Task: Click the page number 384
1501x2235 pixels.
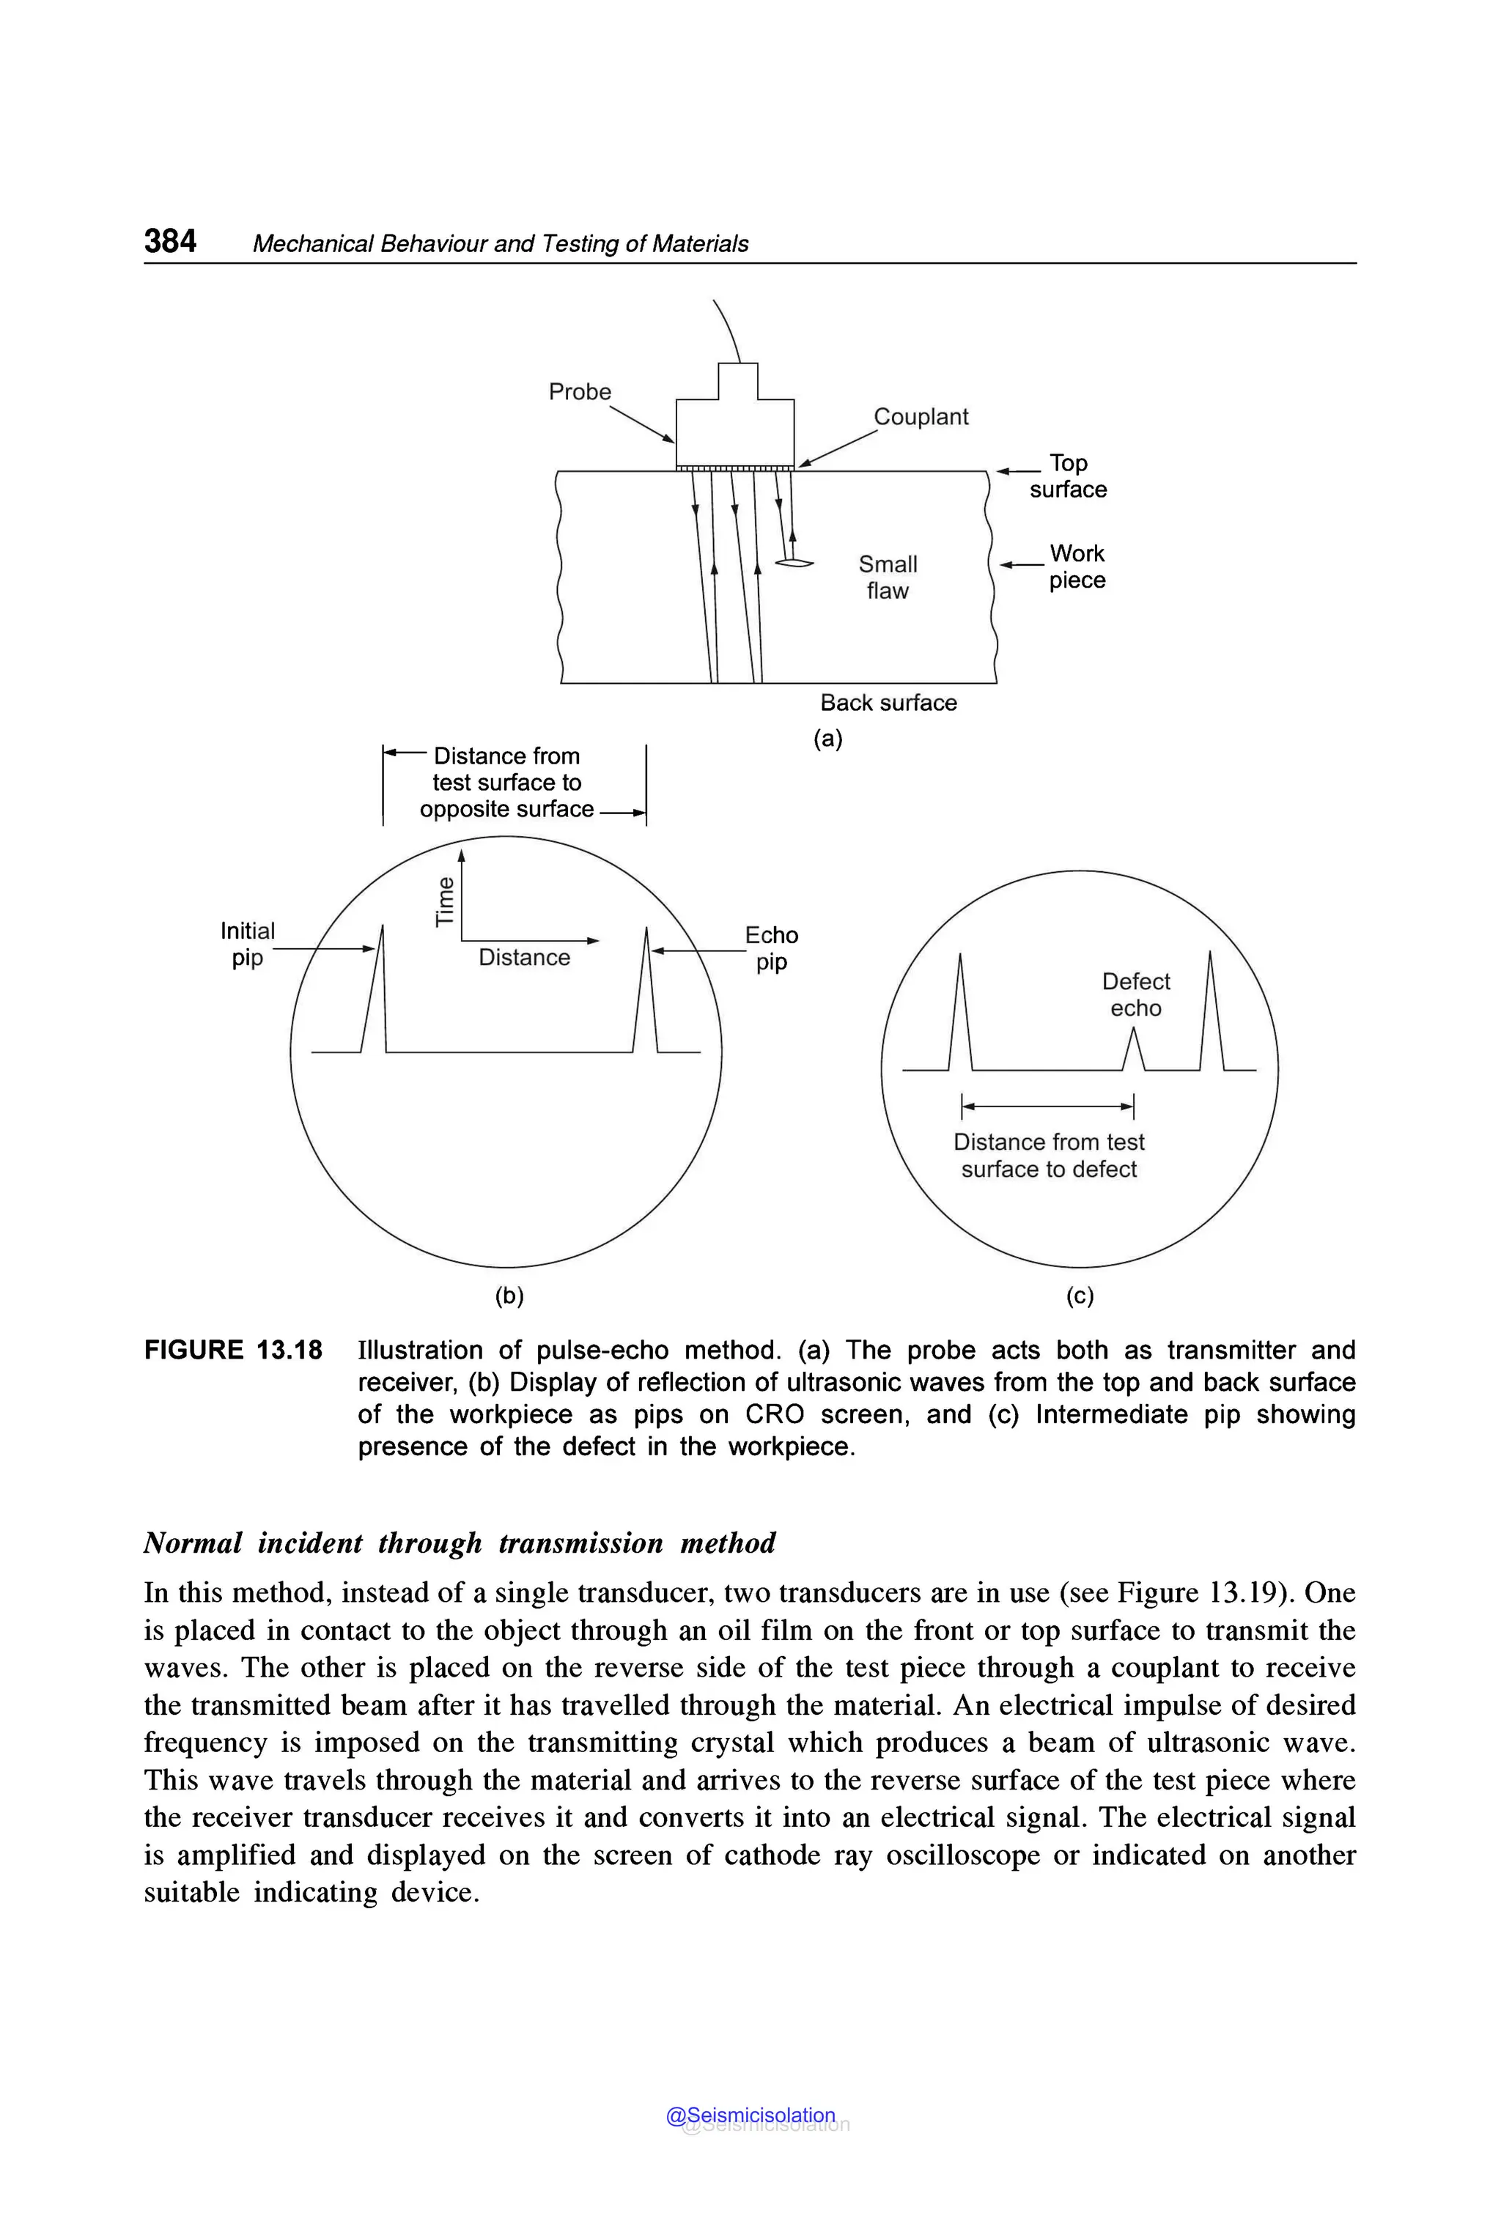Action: pyautogui.click(x=170, y=241)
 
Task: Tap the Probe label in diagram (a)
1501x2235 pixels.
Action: pyautogui.click(x=579, y=391)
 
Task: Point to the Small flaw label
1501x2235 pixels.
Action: pyautogui.click(x=888, y=577)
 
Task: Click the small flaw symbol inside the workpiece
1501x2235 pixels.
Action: pyautogui.click(x=794, y=563)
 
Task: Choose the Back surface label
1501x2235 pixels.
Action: pyautogui.click(x=888, y=703)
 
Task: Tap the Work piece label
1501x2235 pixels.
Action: pyautogui.click(x=1077, y=566)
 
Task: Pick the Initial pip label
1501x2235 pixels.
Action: pyautogui.click(x=247, y=944)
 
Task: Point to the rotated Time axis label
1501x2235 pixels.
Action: pyautogui.click(x=444, y=901)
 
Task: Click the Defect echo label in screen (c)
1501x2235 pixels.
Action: pyautogui.click(x=1135, y=994)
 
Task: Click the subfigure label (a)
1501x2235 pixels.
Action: pyautogui.click(x=827, y=738)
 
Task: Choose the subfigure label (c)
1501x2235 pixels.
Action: pyautogui.click(x=1079, y=1296)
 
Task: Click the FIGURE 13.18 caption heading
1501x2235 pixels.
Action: pyautogui.click(x=232, y=1351)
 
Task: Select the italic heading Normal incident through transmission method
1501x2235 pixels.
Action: pyautogui.click(x=460, y=1543)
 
